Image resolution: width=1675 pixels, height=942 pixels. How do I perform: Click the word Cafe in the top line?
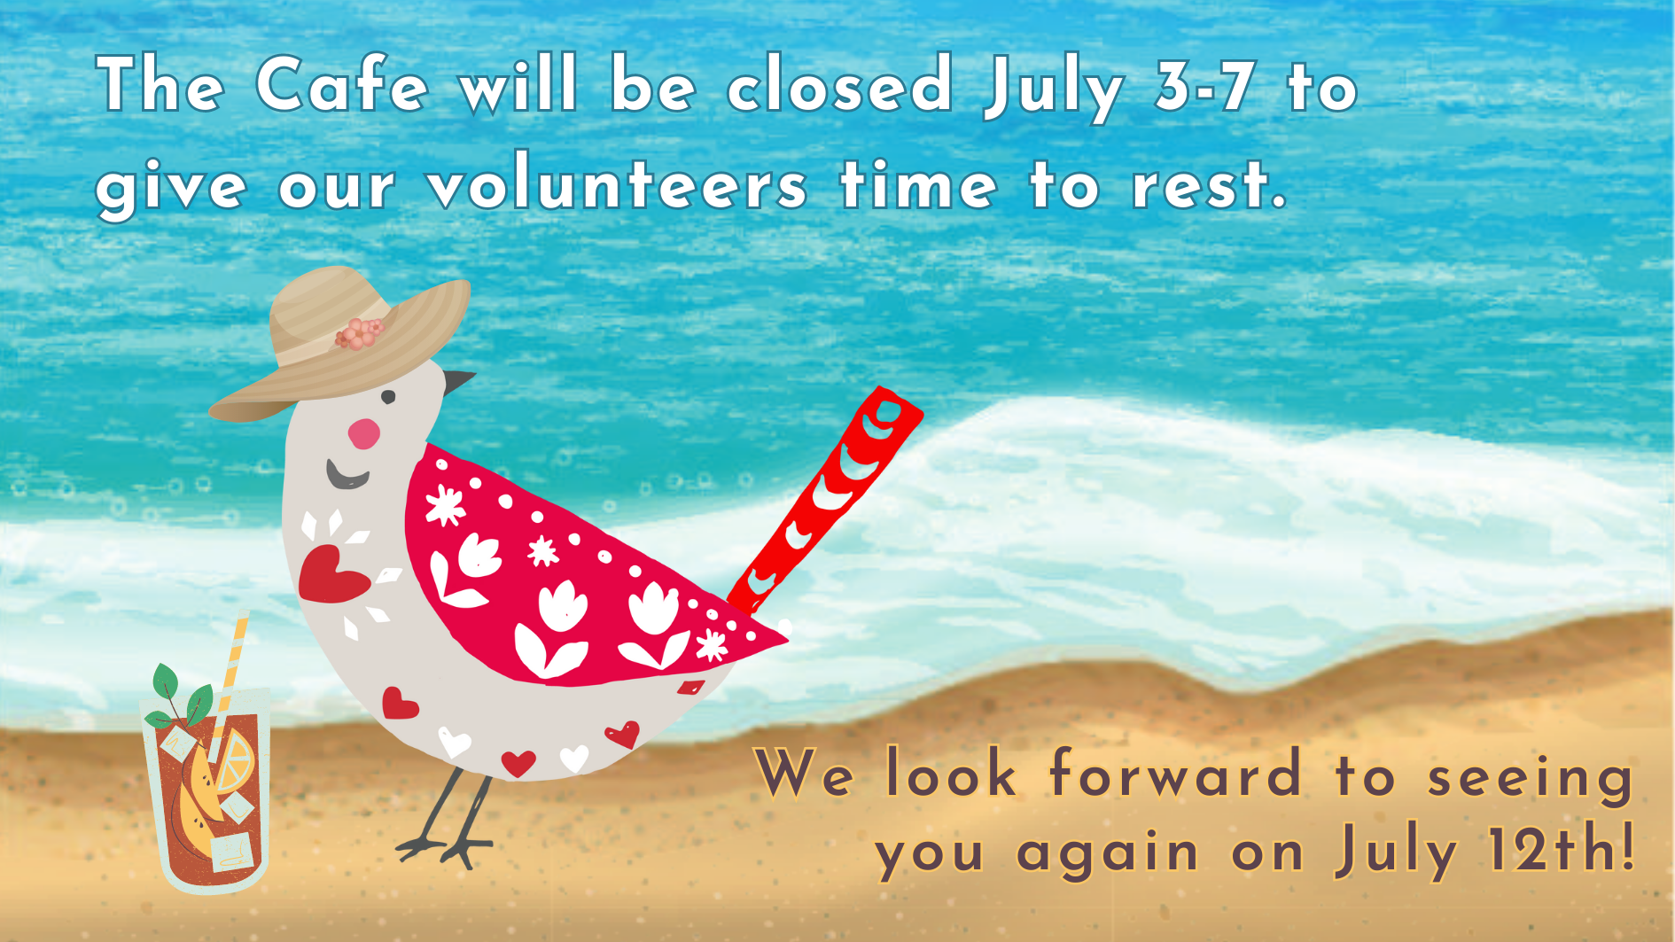click(x=342, y=84)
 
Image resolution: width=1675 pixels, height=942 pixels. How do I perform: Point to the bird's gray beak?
click(x=457, y=382)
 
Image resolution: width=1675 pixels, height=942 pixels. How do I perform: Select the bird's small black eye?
click(x=388, y=397)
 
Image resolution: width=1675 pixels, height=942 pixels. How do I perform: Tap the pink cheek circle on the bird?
click(x=363, y=433)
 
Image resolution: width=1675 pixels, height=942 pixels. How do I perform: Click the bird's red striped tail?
click(x=824, y=500)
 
